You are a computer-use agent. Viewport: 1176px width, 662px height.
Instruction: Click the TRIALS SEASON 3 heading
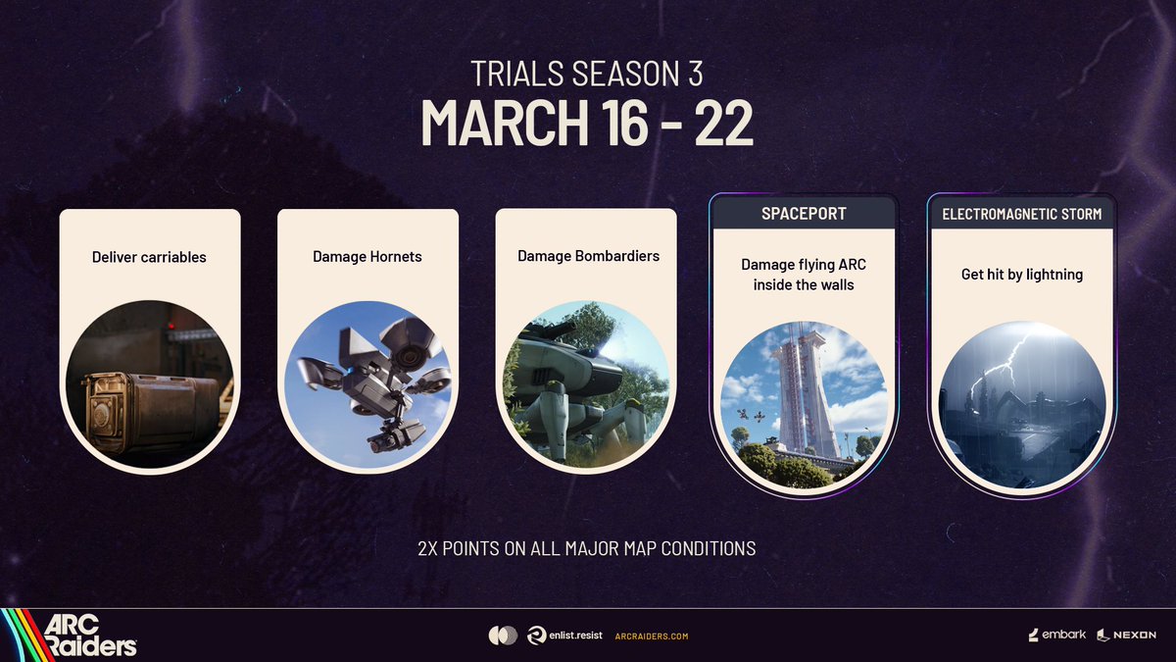pos(587,74)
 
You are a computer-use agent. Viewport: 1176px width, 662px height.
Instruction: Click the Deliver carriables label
pos(149,258)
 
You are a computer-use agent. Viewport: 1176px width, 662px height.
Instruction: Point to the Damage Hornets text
pos(367,257)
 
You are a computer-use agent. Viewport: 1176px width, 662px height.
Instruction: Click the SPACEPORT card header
pos(804,213)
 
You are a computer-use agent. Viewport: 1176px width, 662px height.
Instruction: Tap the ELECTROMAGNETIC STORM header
pos(1021,213)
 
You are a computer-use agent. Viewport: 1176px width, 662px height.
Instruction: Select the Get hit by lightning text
pos(1022,275)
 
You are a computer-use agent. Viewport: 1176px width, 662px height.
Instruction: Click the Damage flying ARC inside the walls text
pos(804,275)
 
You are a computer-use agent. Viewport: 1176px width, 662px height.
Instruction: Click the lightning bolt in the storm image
pos(1009,358)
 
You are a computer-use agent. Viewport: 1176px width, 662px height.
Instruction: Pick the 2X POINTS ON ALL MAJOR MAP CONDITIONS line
pos(587,548)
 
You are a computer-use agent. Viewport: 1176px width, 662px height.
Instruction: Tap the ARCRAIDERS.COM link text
pos(651,637)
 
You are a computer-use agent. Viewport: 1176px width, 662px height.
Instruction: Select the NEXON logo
pos(1126,636)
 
